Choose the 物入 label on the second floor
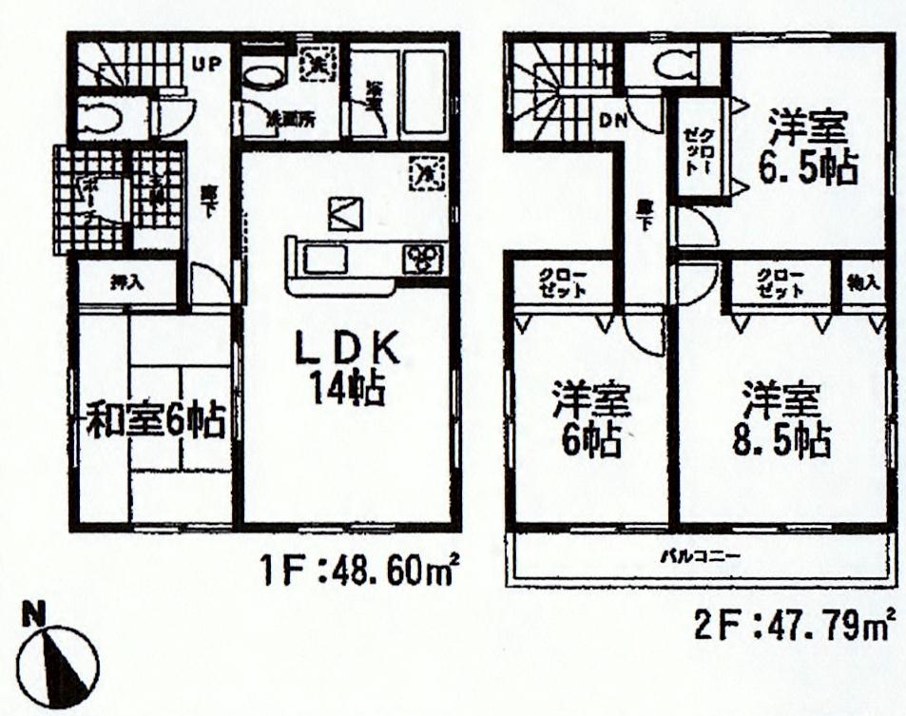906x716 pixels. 864,281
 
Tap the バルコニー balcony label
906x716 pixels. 701,554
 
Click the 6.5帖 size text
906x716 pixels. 807,166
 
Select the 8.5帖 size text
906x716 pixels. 782,440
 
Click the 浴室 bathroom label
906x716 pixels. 372,95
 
